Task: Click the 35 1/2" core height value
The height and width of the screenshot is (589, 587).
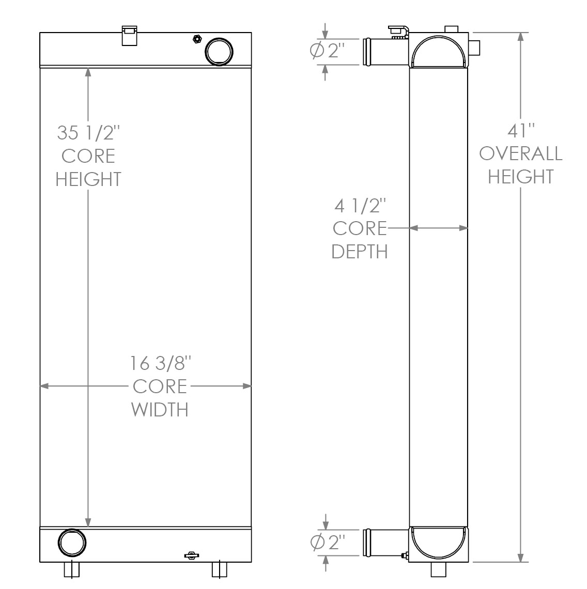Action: click(x=88, y=133)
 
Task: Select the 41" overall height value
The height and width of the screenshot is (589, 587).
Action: click(x=520, y=131)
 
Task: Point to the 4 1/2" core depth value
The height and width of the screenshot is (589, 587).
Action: click(x=360, y=206)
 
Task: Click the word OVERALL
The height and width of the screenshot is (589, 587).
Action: click(x=520, y=153)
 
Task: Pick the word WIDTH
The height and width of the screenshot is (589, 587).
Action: click(x=160, y=409)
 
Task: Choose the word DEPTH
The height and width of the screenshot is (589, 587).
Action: click(x=360, y=252)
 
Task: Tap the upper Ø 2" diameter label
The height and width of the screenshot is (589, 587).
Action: click(x=327, y=51)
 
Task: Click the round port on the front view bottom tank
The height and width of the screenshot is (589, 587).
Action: click(x=72, y=543)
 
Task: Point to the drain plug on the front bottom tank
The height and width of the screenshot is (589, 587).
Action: click(x=191, y=555)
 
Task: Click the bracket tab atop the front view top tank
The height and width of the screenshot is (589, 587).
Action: click(x=129, y=35)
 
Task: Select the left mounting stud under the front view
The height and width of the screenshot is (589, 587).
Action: click(x=72, y=569)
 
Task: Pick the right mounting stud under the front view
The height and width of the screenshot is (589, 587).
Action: click(x=220, y=569)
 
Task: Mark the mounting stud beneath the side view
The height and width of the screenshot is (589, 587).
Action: click(x=439, y=569)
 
